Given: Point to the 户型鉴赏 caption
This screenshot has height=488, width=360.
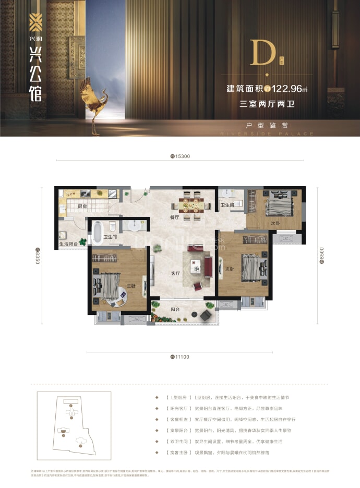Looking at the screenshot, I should click(x=268, y=126).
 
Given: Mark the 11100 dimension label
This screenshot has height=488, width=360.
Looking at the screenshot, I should click(x=181, y=357).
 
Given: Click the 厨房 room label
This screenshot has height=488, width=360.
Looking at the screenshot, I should click(x=82, y=206).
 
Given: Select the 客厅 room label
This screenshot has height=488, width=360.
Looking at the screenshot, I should click(x=175, y=273).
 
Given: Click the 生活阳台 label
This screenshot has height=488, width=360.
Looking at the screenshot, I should click(x=68, y=243).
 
